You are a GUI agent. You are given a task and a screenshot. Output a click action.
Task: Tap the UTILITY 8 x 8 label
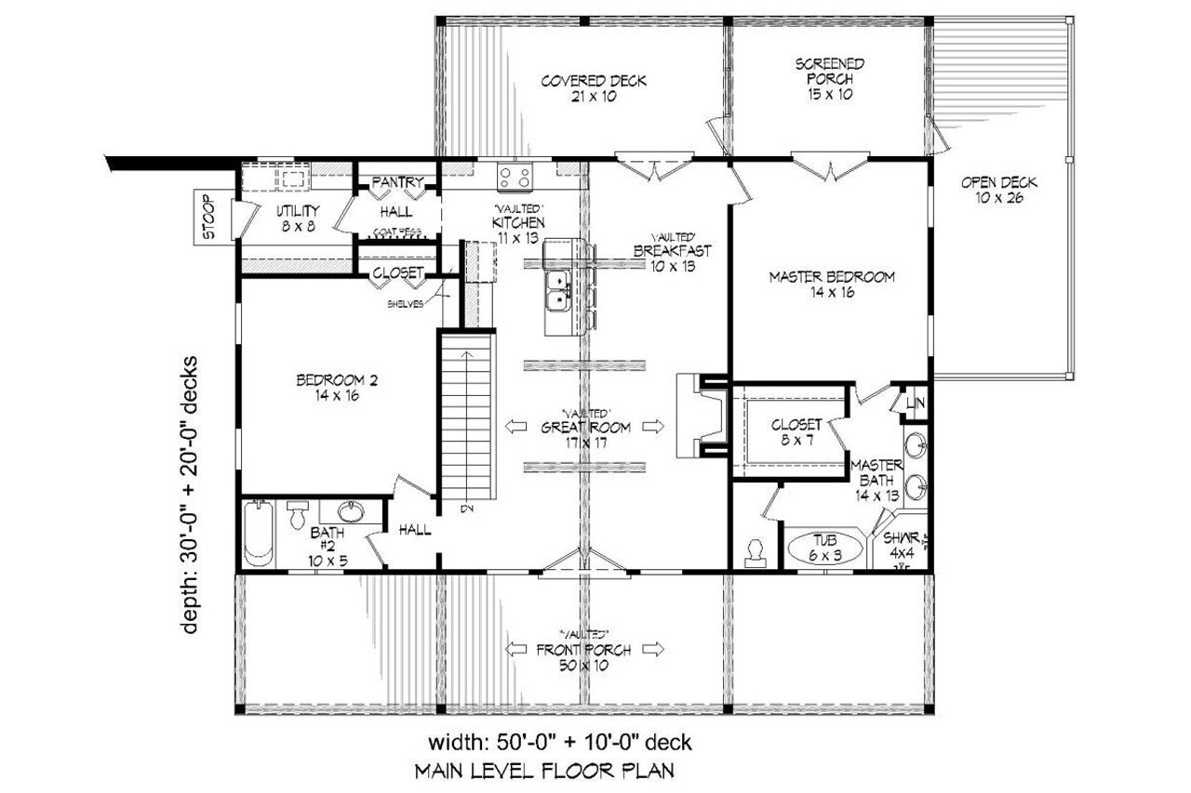(x=298, y=218)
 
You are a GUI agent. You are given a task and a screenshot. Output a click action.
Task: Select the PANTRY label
(x=398, y=182)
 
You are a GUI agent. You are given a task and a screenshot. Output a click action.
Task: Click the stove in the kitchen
(x=515, y=176)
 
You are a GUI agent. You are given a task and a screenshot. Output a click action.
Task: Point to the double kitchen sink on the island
(x=559, y=290)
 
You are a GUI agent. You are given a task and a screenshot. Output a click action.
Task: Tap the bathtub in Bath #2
(x=260, y=535)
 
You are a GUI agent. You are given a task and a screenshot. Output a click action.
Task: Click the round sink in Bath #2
(x=352, y=512)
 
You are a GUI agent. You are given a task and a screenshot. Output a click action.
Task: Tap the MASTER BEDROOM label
(x=831, y=284)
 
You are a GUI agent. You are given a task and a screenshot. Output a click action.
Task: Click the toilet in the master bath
(x=755, y=552)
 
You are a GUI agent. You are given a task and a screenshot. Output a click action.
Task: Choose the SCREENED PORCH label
(x=830, y=78)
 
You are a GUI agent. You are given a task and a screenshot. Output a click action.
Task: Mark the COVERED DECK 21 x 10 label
(x=594, y=88)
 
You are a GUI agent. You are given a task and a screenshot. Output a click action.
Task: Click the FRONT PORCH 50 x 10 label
(x=583, y=656)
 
